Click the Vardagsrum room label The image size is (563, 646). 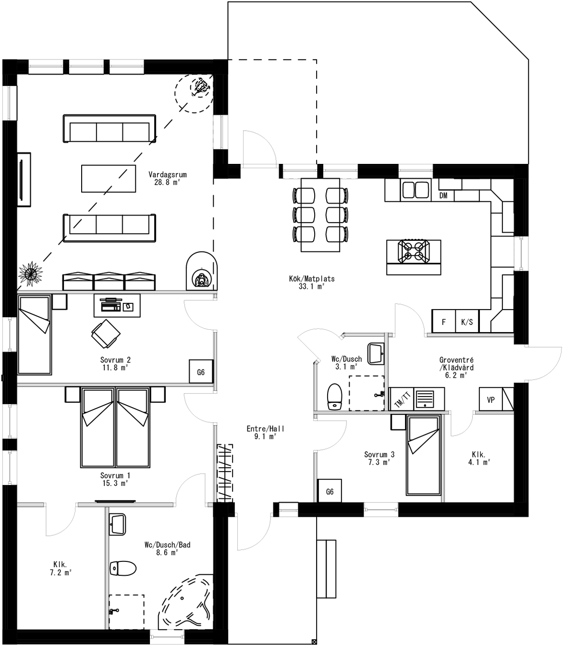167,175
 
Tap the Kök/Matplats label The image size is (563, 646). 312,279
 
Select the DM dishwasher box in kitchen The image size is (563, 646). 443,196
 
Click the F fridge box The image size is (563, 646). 443,322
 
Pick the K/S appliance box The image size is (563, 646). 466,322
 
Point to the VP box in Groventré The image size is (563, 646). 491,399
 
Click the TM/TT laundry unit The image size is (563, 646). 402,399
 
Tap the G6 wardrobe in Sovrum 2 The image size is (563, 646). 201,372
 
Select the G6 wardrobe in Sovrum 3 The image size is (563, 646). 330,492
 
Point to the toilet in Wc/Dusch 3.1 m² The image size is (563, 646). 334,397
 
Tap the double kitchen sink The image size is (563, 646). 416,189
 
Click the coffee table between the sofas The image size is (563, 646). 109,178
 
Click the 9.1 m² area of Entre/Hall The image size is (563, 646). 265,436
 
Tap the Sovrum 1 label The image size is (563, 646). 115,475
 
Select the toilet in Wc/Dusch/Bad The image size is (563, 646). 123,569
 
